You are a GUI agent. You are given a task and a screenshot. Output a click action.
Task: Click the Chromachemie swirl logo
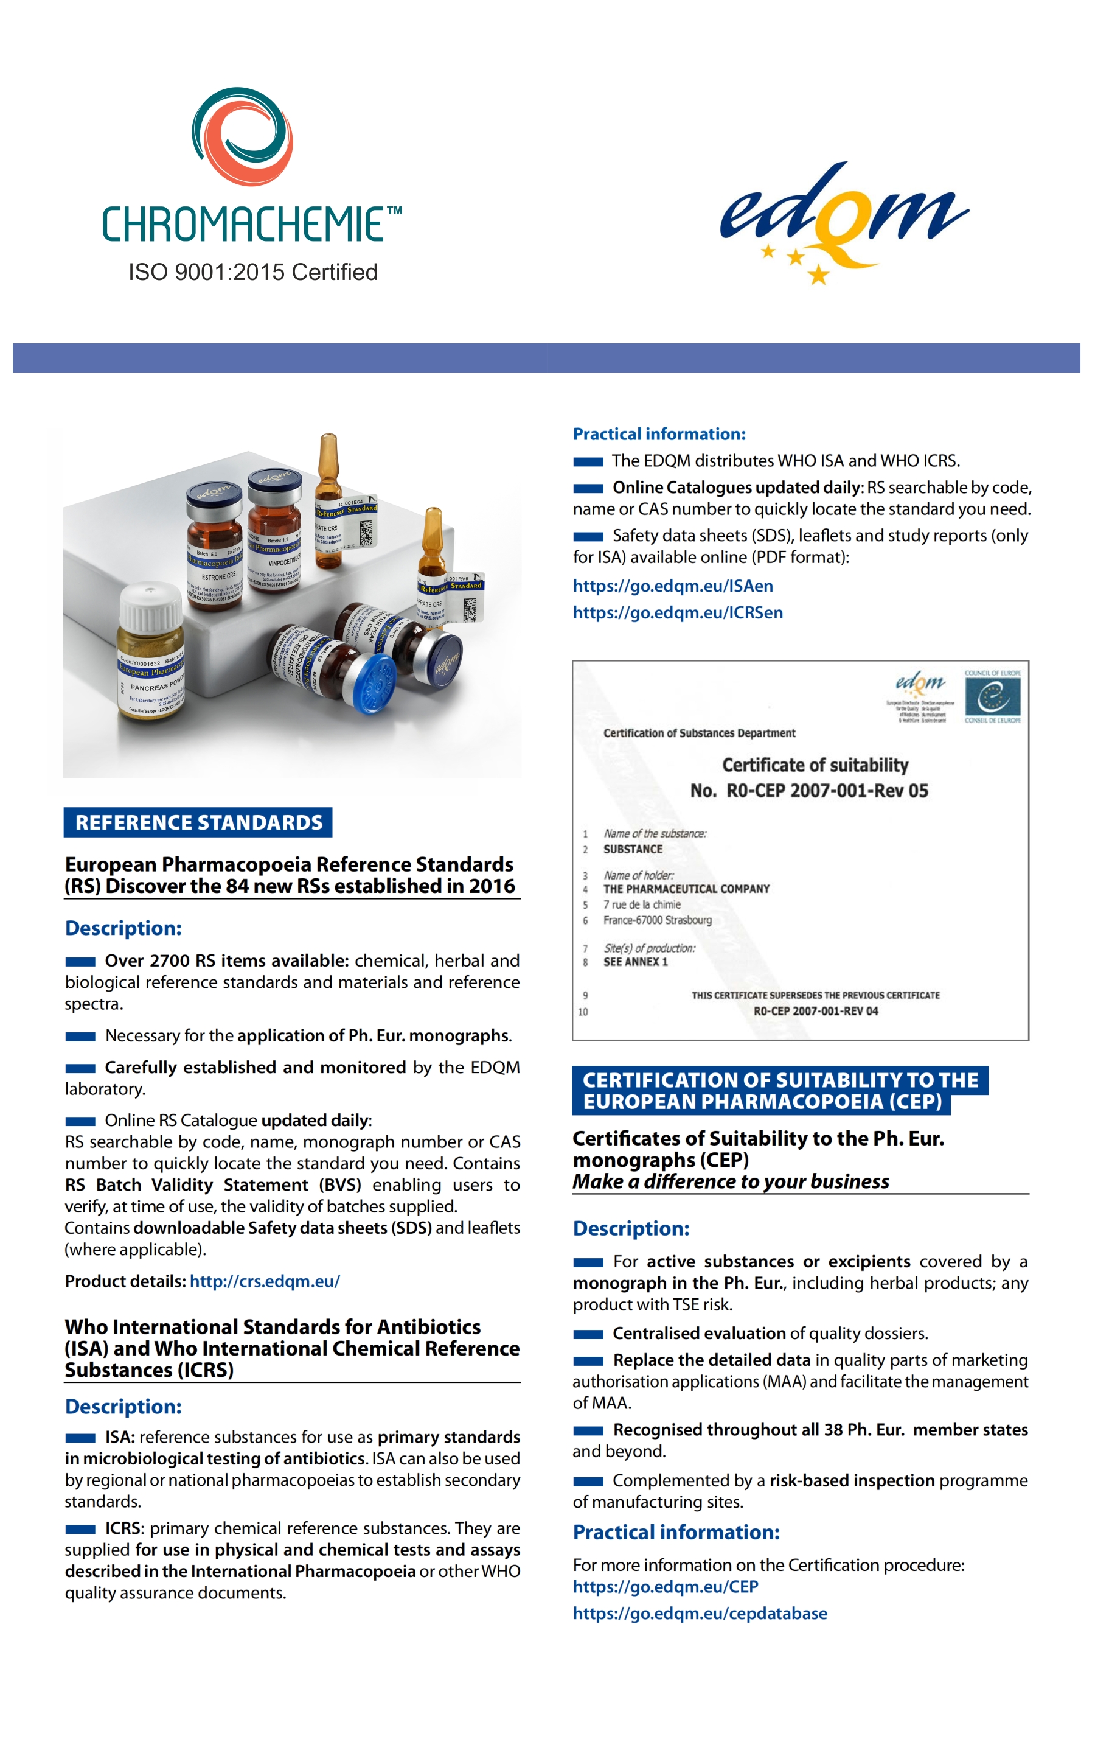[x=242, y=136]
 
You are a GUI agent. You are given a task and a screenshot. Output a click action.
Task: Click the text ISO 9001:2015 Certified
[x=252, y=272]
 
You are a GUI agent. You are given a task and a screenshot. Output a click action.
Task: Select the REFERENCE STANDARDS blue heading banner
[x=198, y=822]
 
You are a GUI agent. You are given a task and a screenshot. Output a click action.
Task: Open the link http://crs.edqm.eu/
[x=265, y=1281]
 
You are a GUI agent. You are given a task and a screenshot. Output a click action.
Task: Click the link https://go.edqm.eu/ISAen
[x=672, y=586]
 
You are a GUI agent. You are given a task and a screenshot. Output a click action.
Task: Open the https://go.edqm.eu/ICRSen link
[x=677, y=612]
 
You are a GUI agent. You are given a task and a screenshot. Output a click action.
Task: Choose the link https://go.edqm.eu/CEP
[x=665, y=1586]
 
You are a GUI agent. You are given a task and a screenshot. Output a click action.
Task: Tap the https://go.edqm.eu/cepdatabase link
[x=699, y=1613]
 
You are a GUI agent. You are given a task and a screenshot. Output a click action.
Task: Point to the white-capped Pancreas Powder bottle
[x=151, y=652]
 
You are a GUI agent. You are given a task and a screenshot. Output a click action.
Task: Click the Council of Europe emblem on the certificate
[x=992, y=698]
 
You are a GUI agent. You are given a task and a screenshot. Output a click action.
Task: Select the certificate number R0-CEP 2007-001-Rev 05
[x=827, y=790]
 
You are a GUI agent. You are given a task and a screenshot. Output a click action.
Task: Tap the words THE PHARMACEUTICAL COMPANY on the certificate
[x=686, y=889]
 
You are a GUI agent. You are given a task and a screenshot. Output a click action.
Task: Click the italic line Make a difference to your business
[x=730, y=1181]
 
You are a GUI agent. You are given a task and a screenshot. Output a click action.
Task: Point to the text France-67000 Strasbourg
[x=657, y=920]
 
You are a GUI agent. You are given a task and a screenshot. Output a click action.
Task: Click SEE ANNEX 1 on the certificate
[x=635, y=962]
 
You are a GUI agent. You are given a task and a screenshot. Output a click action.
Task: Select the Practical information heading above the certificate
[x=658, y=434]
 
